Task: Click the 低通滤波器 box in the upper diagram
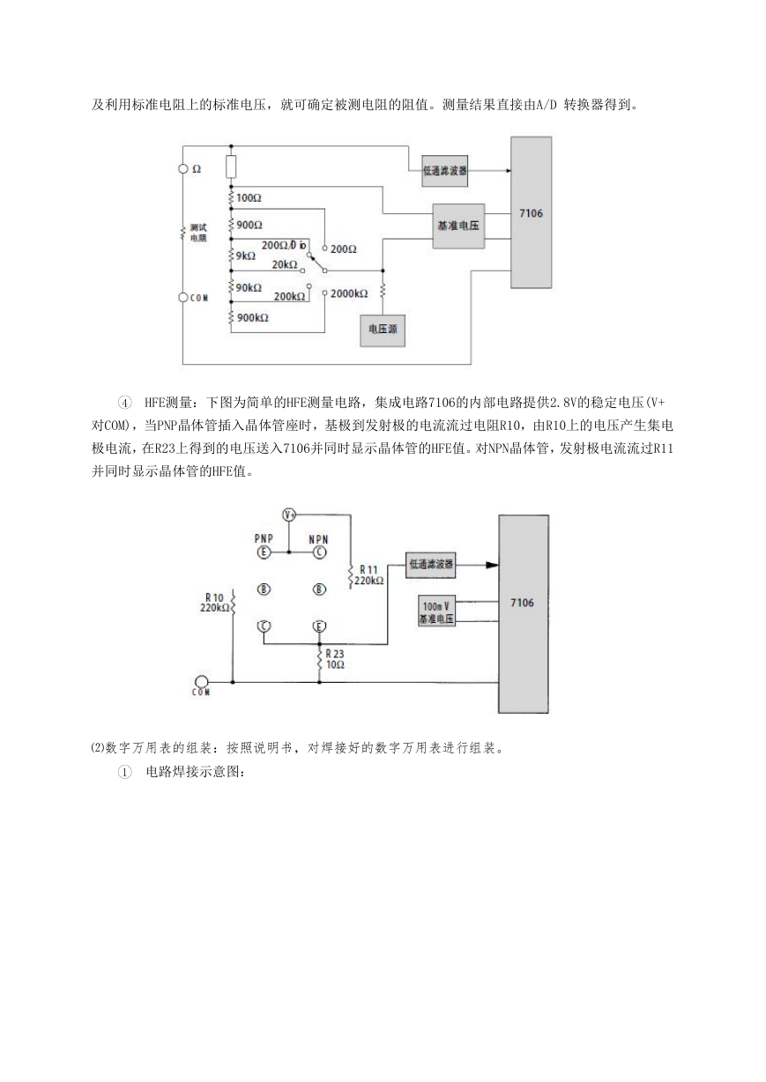pyautogui.click(x=444, y=171)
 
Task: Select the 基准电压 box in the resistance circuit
pyautogui.click(x=458, y=226)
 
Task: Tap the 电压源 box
pyautogui.click(x=383, y=330)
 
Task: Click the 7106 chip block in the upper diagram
pyautogui.click(x=532, y=212)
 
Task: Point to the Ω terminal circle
pyautogui.click(x=183, y=168)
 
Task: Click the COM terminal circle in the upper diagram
pyautogui.click(x=183, y=298)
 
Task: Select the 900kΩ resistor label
pyautogui.click(x=252, y=317)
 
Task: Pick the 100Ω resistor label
pyautogui.click(x=249, y=197)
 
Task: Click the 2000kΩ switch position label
pyautogui.click(x=349, y=293)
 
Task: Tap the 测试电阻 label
pyautogui.click(x=198, y=233)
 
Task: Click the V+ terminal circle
pyautogui.click(x=289, y=515)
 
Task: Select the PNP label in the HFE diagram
pyautogui.click(x=264, y=538)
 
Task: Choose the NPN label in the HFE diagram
pyautogui.click(x=318, y=539)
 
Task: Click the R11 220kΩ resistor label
pyautogui.click(x=368, y=575)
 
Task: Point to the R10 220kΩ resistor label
pyautogui.click(x=214, y=603)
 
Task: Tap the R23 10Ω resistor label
pyautogui.click(x=335, y=659)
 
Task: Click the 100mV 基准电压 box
pyautogui.click(x=436, y=611)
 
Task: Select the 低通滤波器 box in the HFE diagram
pyautogui.click(x=431, y=565)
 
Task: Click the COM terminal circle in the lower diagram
pyautogui.click(x=201, y=682)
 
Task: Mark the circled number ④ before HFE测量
pyautogui.click(x=124, y=403)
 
